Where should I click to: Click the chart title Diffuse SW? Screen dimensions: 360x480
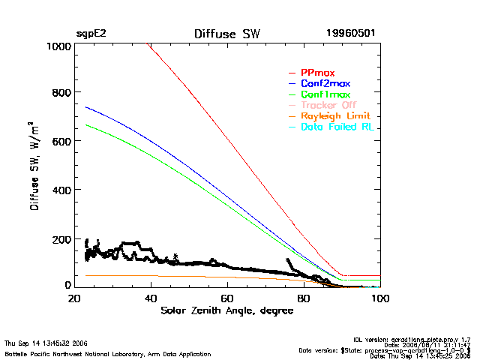tap(226, 34)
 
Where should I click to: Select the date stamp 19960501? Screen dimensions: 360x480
tap(351, 34)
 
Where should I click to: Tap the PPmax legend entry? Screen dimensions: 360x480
tap(317, 72)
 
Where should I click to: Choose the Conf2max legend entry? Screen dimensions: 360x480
tap(325, 83)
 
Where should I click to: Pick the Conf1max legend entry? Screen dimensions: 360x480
tap(325, 94)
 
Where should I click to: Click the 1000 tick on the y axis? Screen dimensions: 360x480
tap(58, 46)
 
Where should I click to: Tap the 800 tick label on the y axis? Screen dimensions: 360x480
tap(61, 93)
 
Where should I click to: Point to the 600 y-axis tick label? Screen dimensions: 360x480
tap(61, 142)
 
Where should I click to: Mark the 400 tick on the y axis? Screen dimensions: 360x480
tap(61, 190)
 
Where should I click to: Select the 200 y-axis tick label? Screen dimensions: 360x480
tap(61, 239)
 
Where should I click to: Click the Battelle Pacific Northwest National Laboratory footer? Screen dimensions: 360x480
tap(108, 353)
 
